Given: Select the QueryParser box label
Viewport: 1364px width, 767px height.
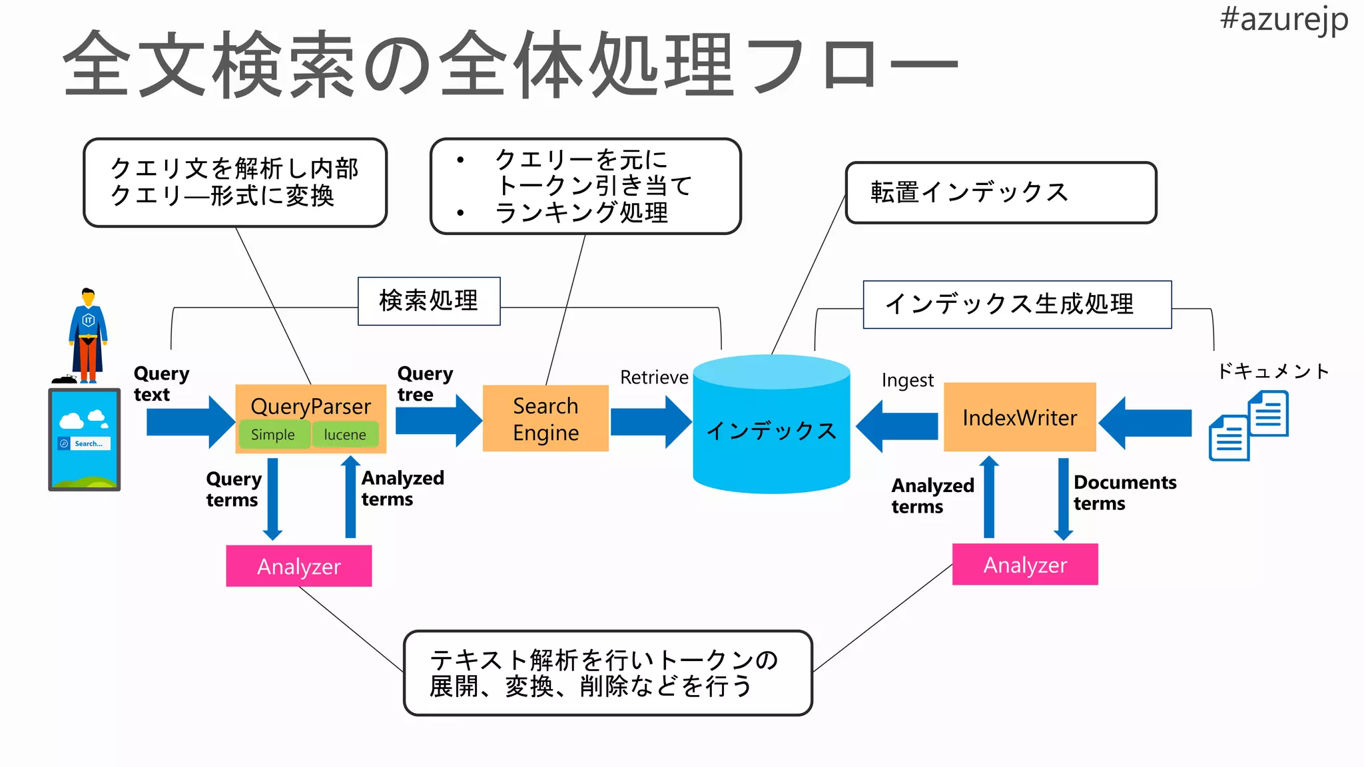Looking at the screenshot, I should (310, 405).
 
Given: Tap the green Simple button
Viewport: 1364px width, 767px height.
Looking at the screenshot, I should (273, 435).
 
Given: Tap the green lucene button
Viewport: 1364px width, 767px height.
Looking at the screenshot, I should (345, 435).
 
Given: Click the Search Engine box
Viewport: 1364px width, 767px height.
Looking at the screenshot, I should (545, 419).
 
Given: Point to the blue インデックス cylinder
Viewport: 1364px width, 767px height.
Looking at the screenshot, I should (771, 429).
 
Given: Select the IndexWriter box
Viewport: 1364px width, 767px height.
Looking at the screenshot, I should (1020, 417).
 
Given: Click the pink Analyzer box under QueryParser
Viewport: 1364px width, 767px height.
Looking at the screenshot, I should (299, 566).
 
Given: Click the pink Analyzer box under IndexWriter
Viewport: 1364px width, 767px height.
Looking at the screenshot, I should (1025, 565).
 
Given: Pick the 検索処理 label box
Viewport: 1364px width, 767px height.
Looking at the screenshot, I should (429, 301).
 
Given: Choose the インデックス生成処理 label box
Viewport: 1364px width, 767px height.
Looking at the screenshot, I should (1016, 304).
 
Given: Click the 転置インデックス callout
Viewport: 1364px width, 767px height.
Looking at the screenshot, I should (1000, 192).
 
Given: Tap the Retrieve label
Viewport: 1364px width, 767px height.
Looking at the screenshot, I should (654, 378).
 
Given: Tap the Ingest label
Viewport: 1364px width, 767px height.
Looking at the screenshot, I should (907, 380).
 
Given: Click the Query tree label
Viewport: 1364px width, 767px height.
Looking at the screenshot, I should (424, 383).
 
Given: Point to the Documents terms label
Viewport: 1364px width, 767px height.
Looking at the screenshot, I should (1124, 493).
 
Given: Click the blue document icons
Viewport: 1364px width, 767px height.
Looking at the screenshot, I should (1249, 426).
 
